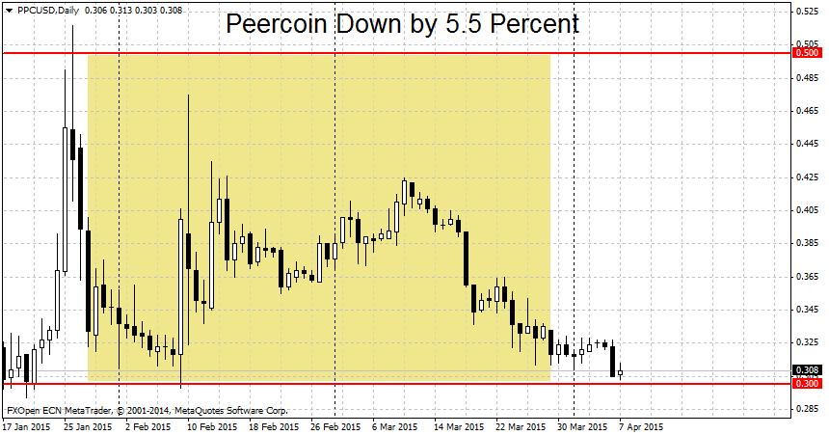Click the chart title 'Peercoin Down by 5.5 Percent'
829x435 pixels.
tap(402, 24)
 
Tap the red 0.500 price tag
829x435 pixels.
tap(807, 53)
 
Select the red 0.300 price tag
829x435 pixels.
tap(807, 384)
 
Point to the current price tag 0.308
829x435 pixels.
tap(807, 370)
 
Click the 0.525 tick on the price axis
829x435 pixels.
tap(807, 12)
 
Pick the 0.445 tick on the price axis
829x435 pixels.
tap(807, 144)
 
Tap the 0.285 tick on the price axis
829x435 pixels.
tap(807, 409)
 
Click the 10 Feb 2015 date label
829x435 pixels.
tap(212, 426)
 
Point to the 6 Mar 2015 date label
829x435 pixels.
tap(394, 426)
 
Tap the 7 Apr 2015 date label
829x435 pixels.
tap(640, 426)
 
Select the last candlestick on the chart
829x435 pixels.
tap(620, 371)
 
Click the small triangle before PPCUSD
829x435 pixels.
tap(9, 11)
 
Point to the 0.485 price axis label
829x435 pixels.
tap(807, 78)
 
